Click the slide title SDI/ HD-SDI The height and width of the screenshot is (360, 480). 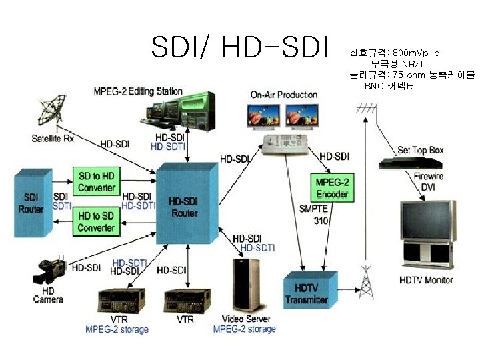(240, 47)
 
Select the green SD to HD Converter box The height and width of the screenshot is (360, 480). (96, 181)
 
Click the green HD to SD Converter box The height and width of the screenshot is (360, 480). (96, 222)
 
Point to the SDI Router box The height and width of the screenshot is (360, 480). (33, 203)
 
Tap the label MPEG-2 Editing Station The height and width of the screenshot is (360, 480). (137, 91)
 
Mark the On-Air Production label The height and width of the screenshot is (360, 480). (283, 95)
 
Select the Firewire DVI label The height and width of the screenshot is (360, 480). (428, 182)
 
